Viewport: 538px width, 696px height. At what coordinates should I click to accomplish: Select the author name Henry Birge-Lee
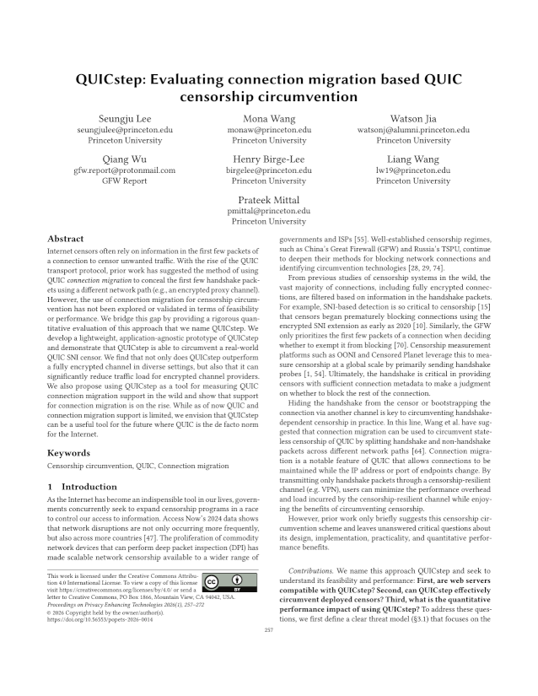point(268,159)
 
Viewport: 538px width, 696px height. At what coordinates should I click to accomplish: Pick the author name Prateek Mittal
point(268,198)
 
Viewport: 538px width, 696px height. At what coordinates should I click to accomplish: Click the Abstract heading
point(66,239)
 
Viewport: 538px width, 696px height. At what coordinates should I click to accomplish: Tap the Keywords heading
point(70,453)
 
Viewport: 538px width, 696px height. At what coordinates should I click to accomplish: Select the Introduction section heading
point(87,487)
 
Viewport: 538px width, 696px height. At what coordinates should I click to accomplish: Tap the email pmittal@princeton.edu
point(268,210)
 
